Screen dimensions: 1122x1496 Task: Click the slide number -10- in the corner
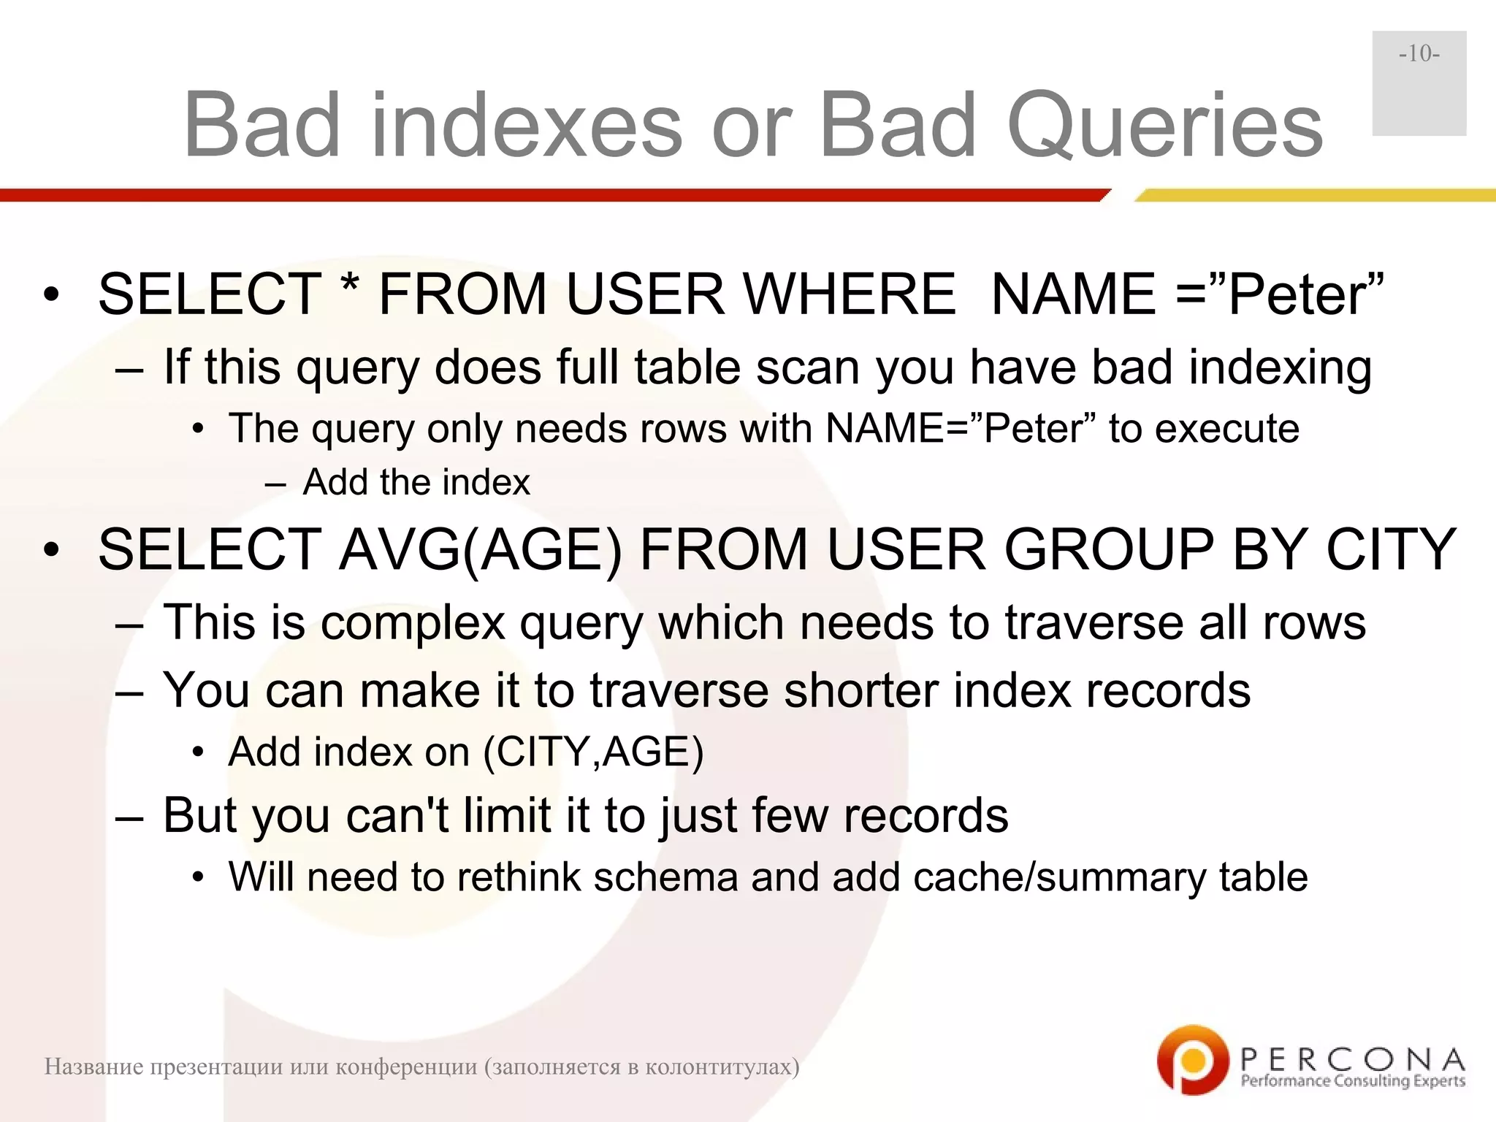(1419, 54)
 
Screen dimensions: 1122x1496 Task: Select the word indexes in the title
(526, 126)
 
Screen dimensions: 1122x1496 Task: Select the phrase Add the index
(416, 482)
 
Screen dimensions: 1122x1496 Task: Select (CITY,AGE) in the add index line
(593, 752)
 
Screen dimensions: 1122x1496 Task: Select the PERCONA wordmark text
(1353, 1058)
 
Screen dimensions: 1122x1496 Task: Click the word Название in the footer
(92, 1067)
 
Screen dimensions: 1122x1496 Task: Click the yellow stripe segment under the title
(1315, 195)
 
